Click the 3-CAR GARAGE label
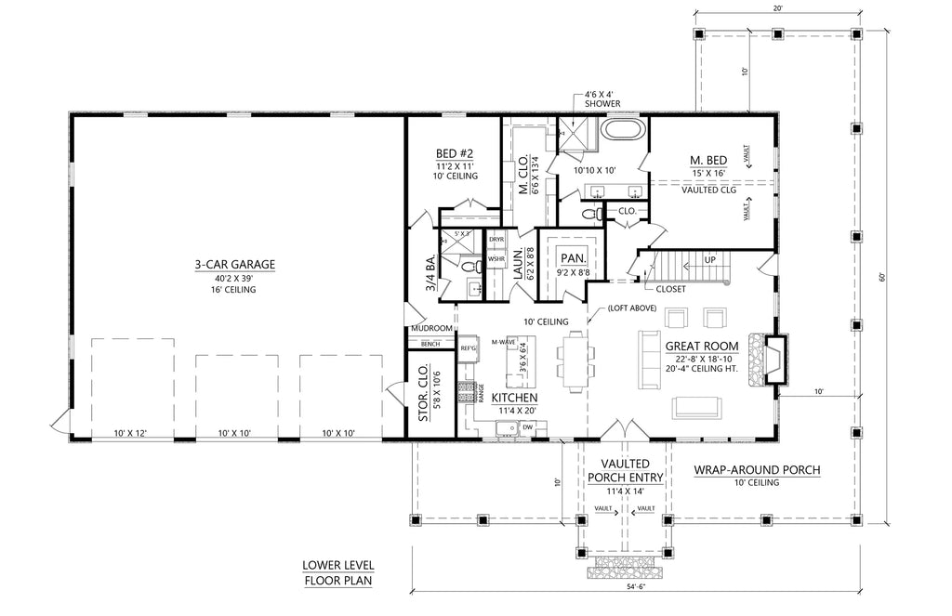[234, 265]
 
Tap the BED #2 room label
[456, 153]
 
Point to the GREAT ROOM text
[702, 347]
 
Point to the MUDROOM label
[430, 329]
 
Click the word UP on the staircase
[710, 259]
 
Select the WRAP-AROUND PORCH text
[757, 470]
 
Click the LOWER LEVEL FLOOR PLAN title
[337, 573]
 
